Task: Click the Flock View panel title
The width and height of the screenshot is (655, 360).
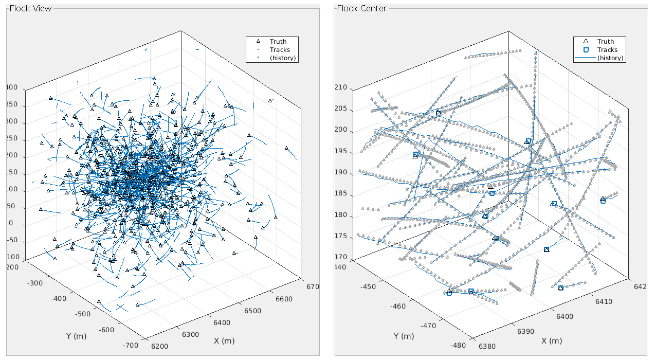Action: click(x=31, y=8)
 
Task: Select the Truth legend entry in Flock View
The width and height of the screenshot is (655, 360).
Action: click(x=278, y=42)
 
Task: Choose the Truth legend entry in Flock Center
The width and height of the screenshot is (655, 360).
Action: click(x=606, y=42)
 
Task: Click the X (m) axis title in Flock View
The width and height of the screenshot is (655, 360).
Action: click(x=224, y=341)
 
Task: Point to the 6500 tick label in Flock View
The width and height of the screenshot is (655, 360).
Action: click(x=252, y=311)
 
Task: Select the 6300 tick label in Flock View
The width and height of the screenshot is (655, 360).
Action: click(x=190, y=334)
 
